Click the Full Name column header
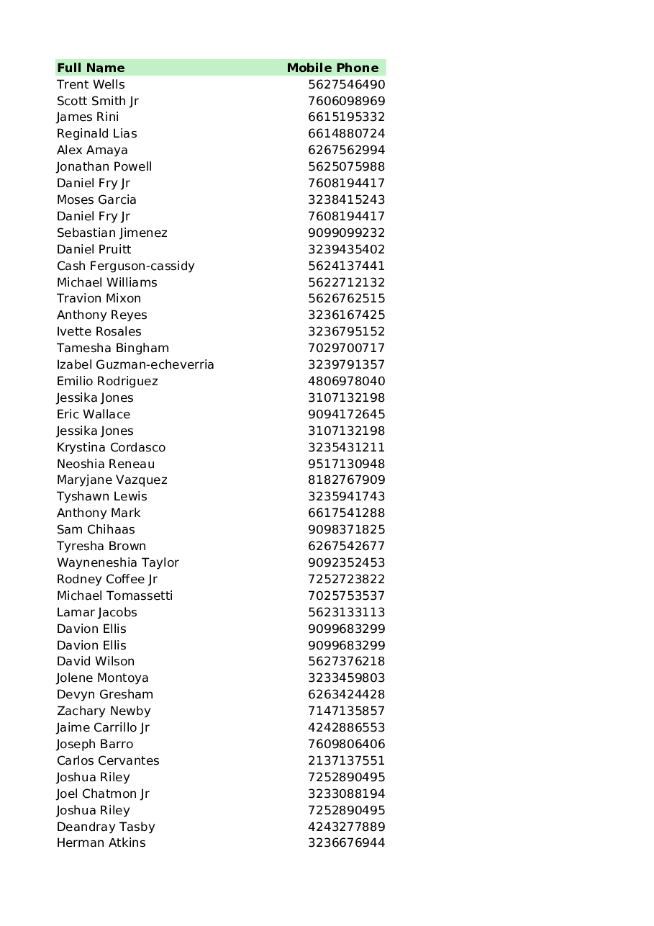[91, 68]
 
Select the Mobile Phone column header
[332, 68]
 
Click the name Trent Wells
[91, 84]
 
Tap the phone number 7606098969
[346, 101]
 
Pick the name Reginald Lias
[96, 133]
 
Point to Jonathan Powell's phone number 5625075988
[346, 166]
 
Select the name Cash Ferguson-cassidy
[125, 266]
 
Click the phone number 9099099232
[346, 233]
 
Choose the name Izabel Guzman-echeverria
[135, 364]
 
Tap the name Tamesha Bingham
[113, 348]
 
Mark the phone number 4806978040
[346, 381]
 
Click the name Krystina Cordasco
[111, 447]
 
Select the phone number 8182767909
[346, 480]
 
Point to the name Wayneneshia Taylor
[117, 562]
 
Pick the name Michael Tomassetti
[114, 595]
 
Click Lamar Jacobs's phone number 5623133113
[346, 612]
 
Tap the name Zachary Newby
[104, 711]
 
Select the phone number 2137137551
[346, 760]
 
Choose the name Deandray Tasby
[106, 827]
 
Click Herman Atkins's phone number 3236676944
[346, 842]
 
